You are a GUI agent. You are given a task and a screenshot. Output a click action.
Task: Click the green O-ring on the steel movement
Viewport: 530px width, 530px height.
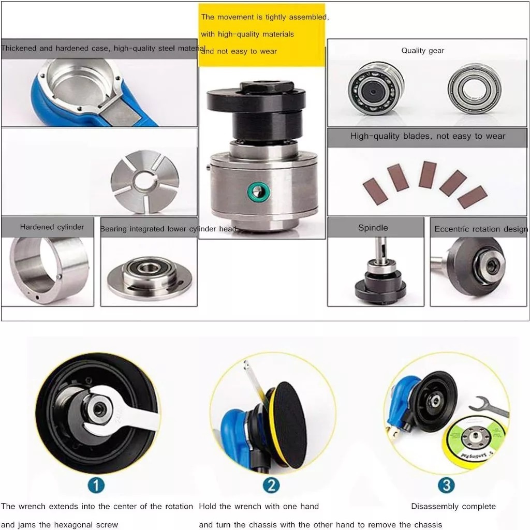click(x=259, y=192)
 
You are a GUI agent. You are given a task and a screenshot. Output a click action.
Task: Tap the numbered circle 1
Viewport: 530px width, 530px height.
click(x=96, y=485)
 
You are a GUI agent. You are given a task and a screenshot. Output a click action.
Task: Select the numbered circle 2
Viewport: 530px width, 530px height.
click(x=271, y=485)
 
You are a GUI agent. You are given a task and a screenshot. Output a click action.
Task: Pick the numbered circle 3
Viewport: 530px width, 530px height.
click(x=446, y=485)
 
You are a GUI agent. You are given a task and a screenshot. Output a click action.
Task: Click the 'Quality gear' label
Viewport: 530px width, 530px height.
click(x=422, y=51)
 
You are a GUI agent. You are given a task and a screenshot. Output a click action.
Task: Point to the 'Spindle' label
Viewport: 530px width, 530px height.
click(x=373, y=228)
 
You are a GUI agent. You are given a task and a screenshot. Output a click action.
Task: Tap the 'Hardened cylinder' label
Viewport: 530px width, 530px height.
click(x=52, y=227)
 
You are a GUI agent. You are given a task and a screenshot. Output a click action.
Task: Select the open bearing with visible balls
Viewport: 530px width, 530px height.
click(x=376, y=89)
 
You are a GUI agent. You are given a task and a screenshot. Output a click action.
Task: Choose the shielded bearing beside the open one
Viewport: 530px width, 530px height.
click(x=475, y=89)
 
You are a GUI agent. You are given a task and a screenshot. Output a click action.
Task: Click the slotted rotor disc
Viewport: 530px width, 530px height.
click(x=145, y=181)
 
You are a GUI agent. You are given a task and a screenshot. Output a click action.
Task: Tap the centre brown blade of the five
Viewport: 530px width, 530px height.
click(x=427, y=174)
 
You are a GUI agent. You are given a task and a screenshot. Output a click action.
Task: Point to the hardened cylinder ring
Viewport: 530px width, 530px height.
click(x=49, y=270)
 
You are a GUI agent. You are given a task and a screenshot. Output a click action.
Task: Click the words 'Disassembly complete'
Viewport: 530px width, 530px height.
click(x=453, y=506)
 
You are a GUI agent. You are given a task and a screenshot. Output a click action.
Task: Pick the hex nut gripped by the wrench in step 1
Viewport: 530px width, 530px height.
click(x=99, y=409)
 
